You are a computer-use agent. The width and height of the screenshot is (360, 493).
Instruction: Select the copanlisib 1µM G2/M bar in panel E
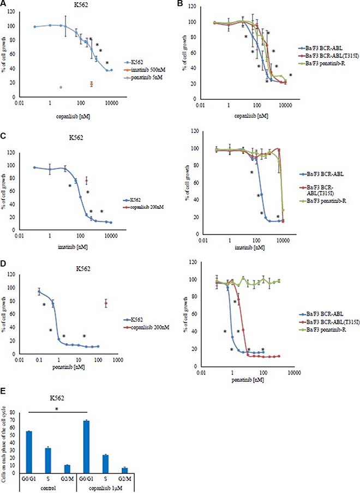[x=125, y=470]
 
